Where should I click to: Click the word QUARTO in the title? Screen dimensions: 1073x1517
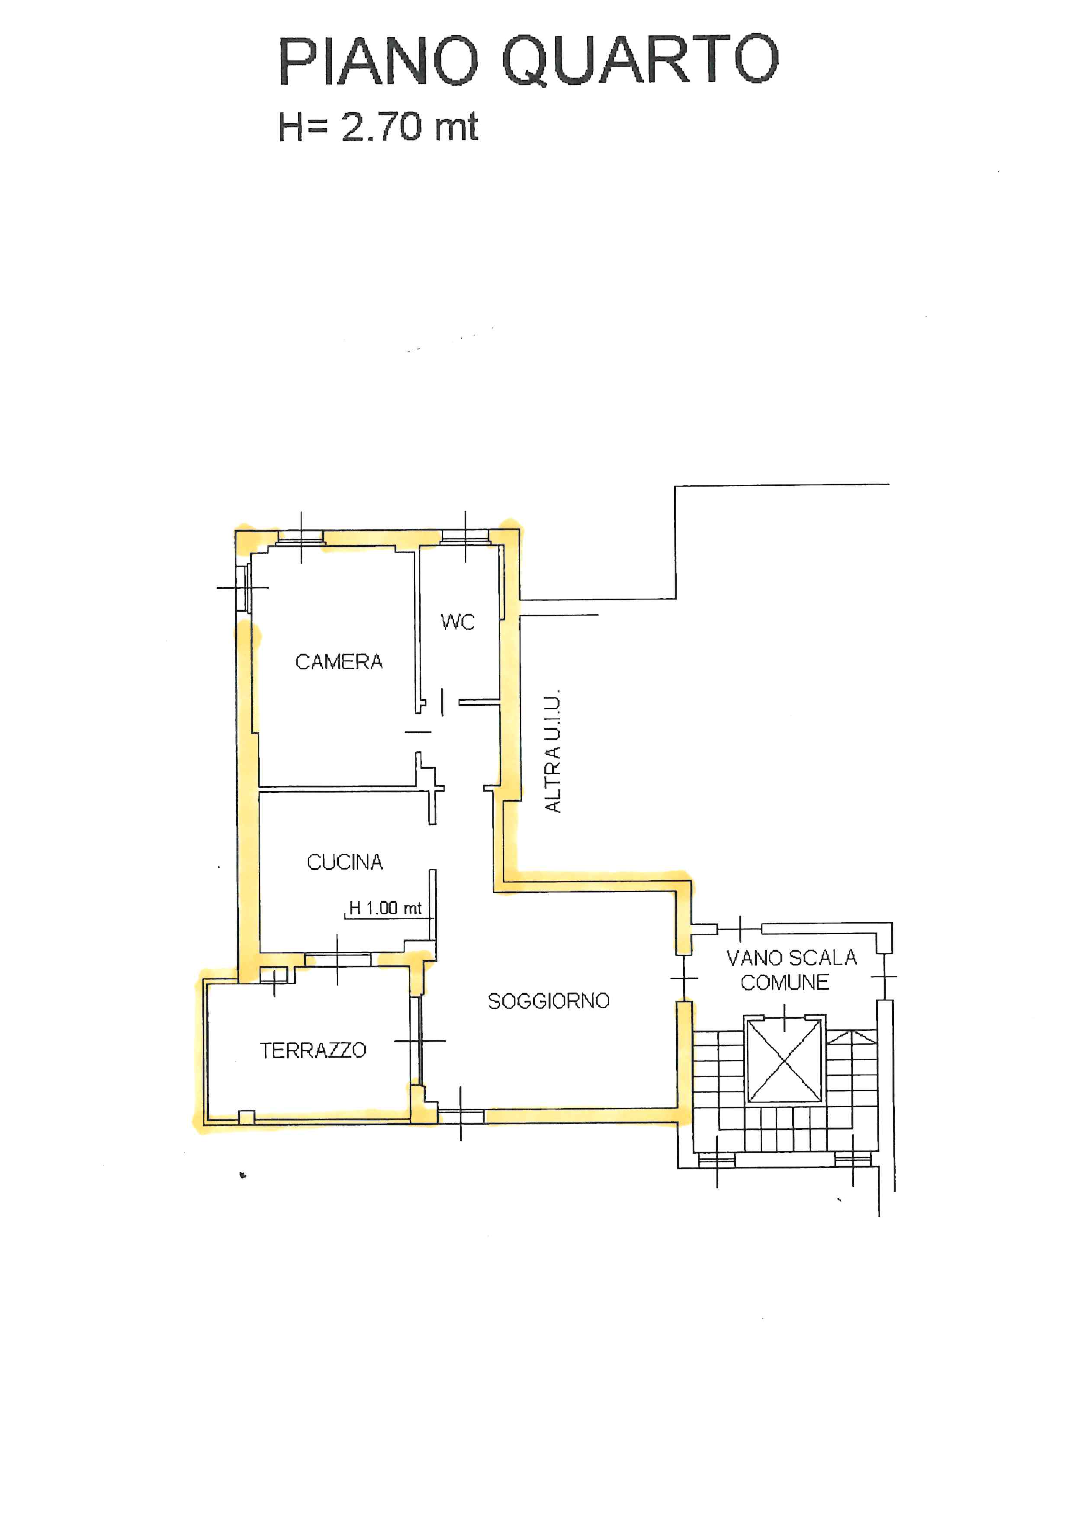click(x=640, y=61)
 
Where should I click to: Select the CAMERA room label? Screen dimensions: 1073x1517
click(x=339, y=661)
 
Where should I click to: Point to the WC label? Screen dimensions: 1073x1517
click(x=457, y=622)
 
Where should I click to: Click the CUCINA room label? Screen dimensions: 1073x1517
click(x=345, y=862)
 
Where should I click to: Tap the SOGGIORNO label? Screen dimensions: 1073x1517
click(x=548, y=1001)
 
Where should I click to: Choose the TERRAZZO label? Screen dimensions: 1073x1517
click(x=313, y=1050)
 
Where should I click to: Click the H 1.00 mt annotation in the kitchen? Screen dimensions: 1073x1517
click(x=385, y=908)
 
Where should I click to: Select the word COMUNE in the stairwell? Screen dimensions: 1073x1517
click(x=785, y=982)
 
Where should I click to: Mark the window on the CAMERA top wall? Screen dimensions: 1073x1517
click(x=301, y=537)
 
